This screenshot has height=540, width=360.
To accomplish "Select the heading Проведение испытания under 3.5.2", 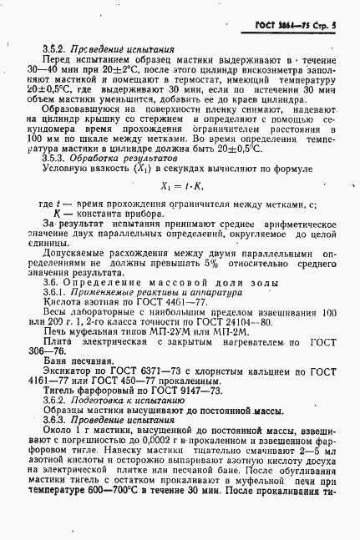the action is tap(111, 49).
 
